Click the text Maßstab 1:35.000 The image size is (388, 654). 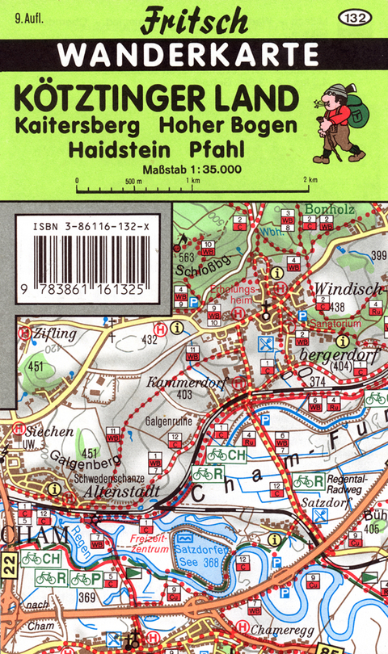coord(192,170)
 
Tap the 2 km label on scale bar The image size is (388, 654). coord(310,179)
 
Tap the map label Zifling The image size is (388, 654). coord(55,332)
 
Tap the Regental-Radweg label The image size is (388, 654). coord(346,483)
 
